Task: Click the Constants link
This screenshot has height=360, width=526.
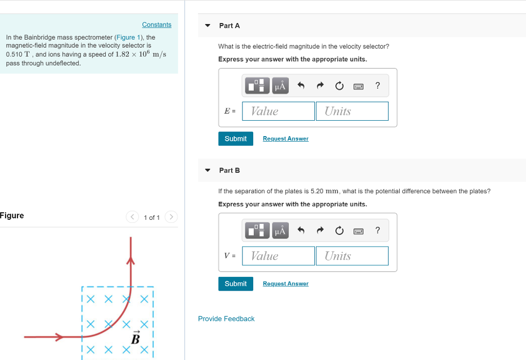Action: point(157,25)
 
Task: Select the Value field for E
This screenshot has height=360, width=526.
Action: point(278,111)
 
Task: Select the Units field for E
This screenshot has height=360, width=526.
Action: point(352,111)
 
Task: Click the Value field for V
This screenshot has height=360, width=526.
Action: point(278,256)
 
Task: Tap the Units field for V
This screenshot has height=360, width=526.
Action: point(352,256)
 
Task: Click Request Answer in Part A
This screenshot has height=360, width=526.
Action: point(286,139)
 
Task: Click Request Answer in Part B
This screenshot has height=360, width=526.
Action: point(286,283)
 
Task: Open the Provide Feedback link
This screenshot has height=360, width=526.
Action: point(226,319)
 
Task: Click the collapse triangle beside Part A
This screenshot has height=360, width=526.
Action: point(208,25)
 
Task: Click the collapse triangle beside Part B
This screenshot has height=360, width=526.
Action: point(208,170)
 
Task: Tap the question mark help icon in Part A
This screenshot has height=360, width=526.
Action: point(378,86)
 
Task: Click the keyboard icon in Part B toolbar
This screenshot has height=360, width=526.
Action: point(359,231)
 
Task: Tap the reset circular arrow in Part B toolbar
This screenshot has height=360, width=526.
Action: point(339,231)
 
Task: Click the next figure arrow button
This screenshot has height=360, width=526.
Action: point(172,217)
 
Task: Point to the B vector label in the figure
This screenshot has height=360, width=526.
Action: point(136,338)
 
